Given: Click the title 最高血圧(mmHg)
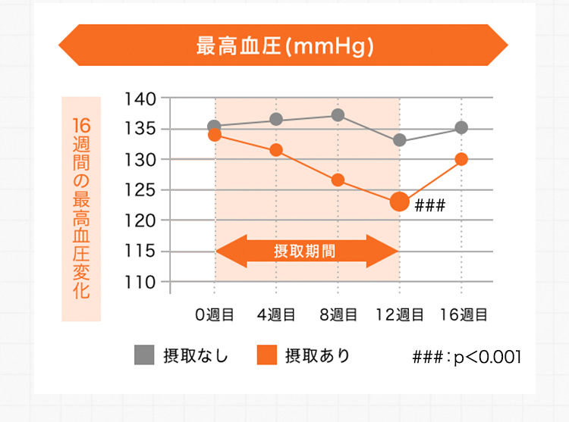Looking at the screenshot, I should click(284, 45).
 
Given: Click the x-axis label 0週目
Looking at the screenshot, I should click(215, 314).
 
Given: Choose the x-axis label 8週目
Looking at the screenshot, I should click(338, 314).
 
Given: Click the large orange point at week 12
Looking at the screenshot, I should click(400, 202).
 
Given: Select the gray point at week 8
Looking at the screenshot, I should click(338, 115).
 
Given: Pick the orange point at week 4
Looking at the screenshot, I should click(276, 150).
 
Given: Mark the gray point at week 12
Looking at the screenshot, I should click(400, 140).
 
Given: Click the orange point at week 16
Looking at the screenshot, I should click(461, 159).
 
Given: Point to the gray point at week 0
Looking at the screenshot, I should click(215, 126).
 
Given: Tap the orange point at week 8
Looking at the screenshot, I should click(338, 180).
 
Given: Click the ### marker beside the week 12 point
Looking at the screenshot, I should click(429, 205).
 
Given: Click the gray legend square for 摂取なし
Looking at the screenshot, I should click(144, 355).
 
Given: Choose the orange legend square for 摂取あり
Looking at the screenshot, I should click(266, 355).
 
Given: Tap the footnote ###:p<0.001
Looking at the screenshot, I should click(466, 356).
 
